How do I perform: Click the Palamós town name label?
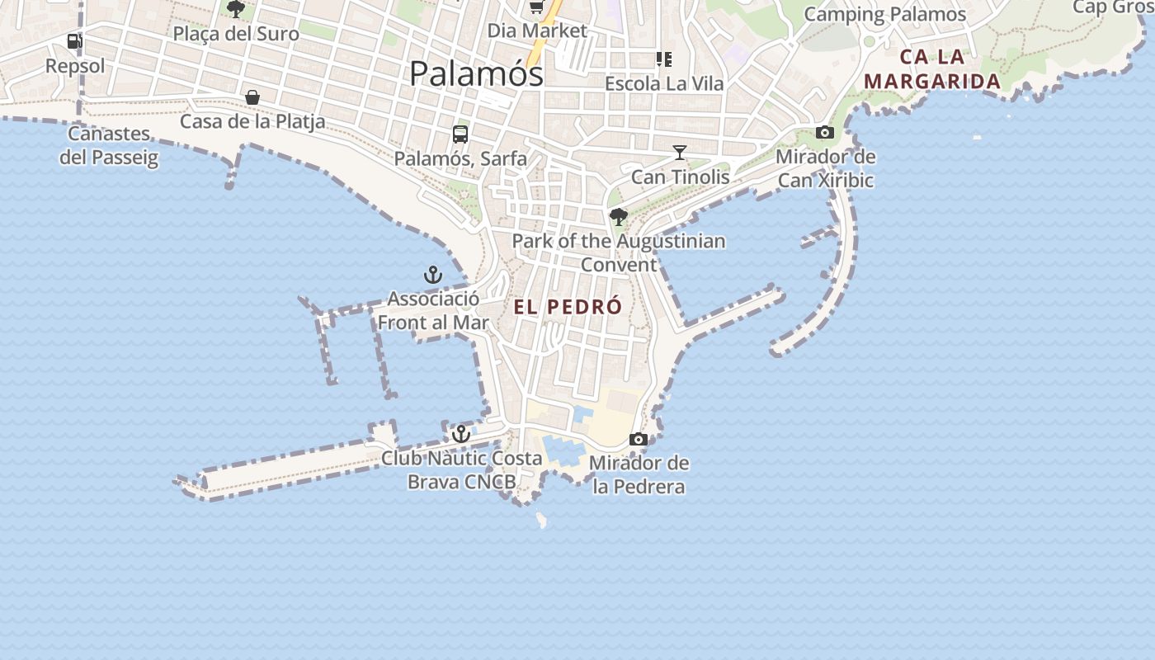coord(476,73)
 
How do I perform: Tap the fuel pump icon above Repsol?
coord(74,40)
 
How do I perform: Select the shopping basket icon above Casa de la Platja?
coord(252,97)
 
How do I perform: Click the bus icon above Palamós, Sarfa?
coord(460,134)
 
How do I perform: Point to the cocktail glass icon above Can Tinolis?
coord(679,153)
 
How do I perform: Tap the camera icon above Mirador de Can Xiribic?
coord(824,132)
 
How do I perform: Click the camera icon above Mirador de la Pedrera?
coord(638,439)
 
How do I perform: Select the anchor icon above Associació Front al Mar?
coord(433,275)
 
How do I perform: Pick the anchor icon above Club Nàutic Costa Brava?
coord(460,433)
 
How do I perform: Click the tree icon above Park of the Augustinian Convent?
coord(618,217)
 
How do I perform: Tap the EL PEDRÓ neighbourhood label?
coord(568,307)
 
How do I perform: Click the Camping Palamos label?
coord(884,14)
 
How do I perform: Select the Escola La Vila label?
coord(664,83)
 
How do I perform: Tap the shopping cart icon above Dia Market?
coord(537,7)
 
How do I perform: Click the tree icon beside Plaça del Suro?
coord(236,10)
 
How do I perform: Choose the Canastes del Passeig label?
coord(108,145)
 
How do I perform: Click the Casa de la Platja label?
coord(252,122)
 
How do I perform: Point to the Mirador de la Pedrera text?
coord(639,474)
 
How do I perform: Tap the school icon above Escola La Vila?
coord(663,59)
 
